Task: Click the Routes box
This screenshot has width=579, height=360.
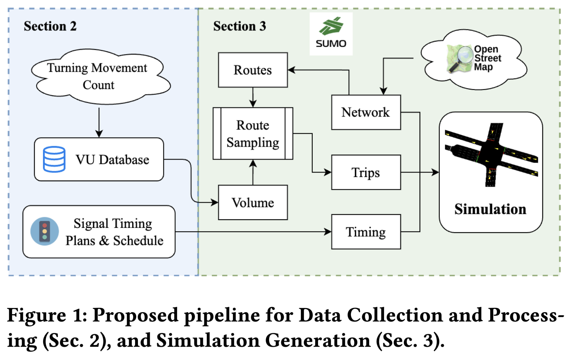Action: (252, 70)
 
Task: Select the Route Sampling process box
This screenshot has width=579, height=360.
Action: (252, 133)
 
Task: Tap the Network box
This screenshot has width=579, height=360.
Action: (366, 112)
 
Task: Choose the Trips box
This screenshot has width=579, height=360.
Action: (366, 172)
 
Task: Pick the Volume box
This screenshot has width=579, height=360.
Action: (252, 202)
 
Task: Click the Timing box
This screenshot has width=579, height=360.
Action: (366, 232)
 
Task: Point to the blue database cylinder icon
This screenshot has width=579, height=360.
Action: (54, 159)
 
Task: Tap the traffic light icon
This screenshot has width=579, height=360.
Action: (45, 231)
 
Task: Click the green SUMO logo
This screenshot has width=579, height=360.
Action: (331, 27)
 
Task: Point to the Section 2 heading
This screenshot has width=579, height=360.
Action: (50, 26)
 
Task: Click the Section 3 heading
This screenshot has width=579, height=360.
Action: (239, 26)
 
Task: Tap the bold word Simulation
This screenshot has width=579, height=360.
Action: (490, 209)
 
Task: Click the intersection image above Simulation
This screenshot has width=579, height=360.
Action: (491, 154)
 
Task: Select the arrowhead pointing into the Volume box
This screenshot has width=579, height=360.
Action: (215, 202)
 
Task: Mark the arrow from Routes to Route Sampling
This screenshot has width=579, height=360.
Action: (253, 97)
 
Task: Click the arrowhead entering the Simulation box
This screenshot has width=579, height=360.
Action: (435, 172)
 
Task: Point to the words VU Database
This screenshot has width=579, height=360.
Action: (112, 160)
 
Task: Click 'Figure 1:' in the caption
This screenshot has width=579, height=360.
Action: (47, 315)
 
